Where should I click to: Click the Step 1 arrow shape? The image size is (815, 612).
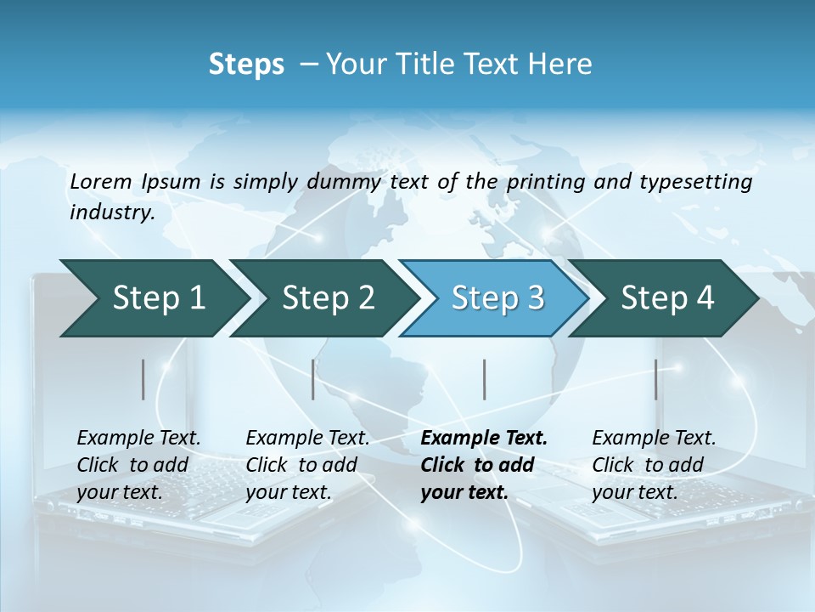point(153,298)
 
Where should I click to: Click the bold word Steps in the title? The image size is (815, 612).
point(246,65)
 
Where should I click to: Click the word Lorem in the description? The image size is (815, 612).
point(99,181)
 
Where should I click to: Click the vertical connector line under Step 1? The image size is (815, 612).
point(143,379)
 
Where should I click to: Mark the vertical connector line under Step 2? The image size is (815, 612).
point(313,379)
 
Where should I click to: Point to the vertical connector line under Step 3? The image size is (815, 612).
point(484,379)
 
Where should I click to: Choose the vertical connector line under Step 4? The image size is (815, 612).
point(655,379)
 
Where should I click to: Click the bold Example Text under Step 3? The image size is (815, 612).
point(484,439)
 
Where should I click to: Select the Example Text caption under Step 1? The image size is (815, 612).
point(138,439)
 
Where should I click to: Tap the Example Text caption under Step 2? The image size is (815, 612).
point(307,439)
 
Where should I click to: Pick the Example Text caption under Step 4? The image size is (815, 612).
point(654,439)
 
